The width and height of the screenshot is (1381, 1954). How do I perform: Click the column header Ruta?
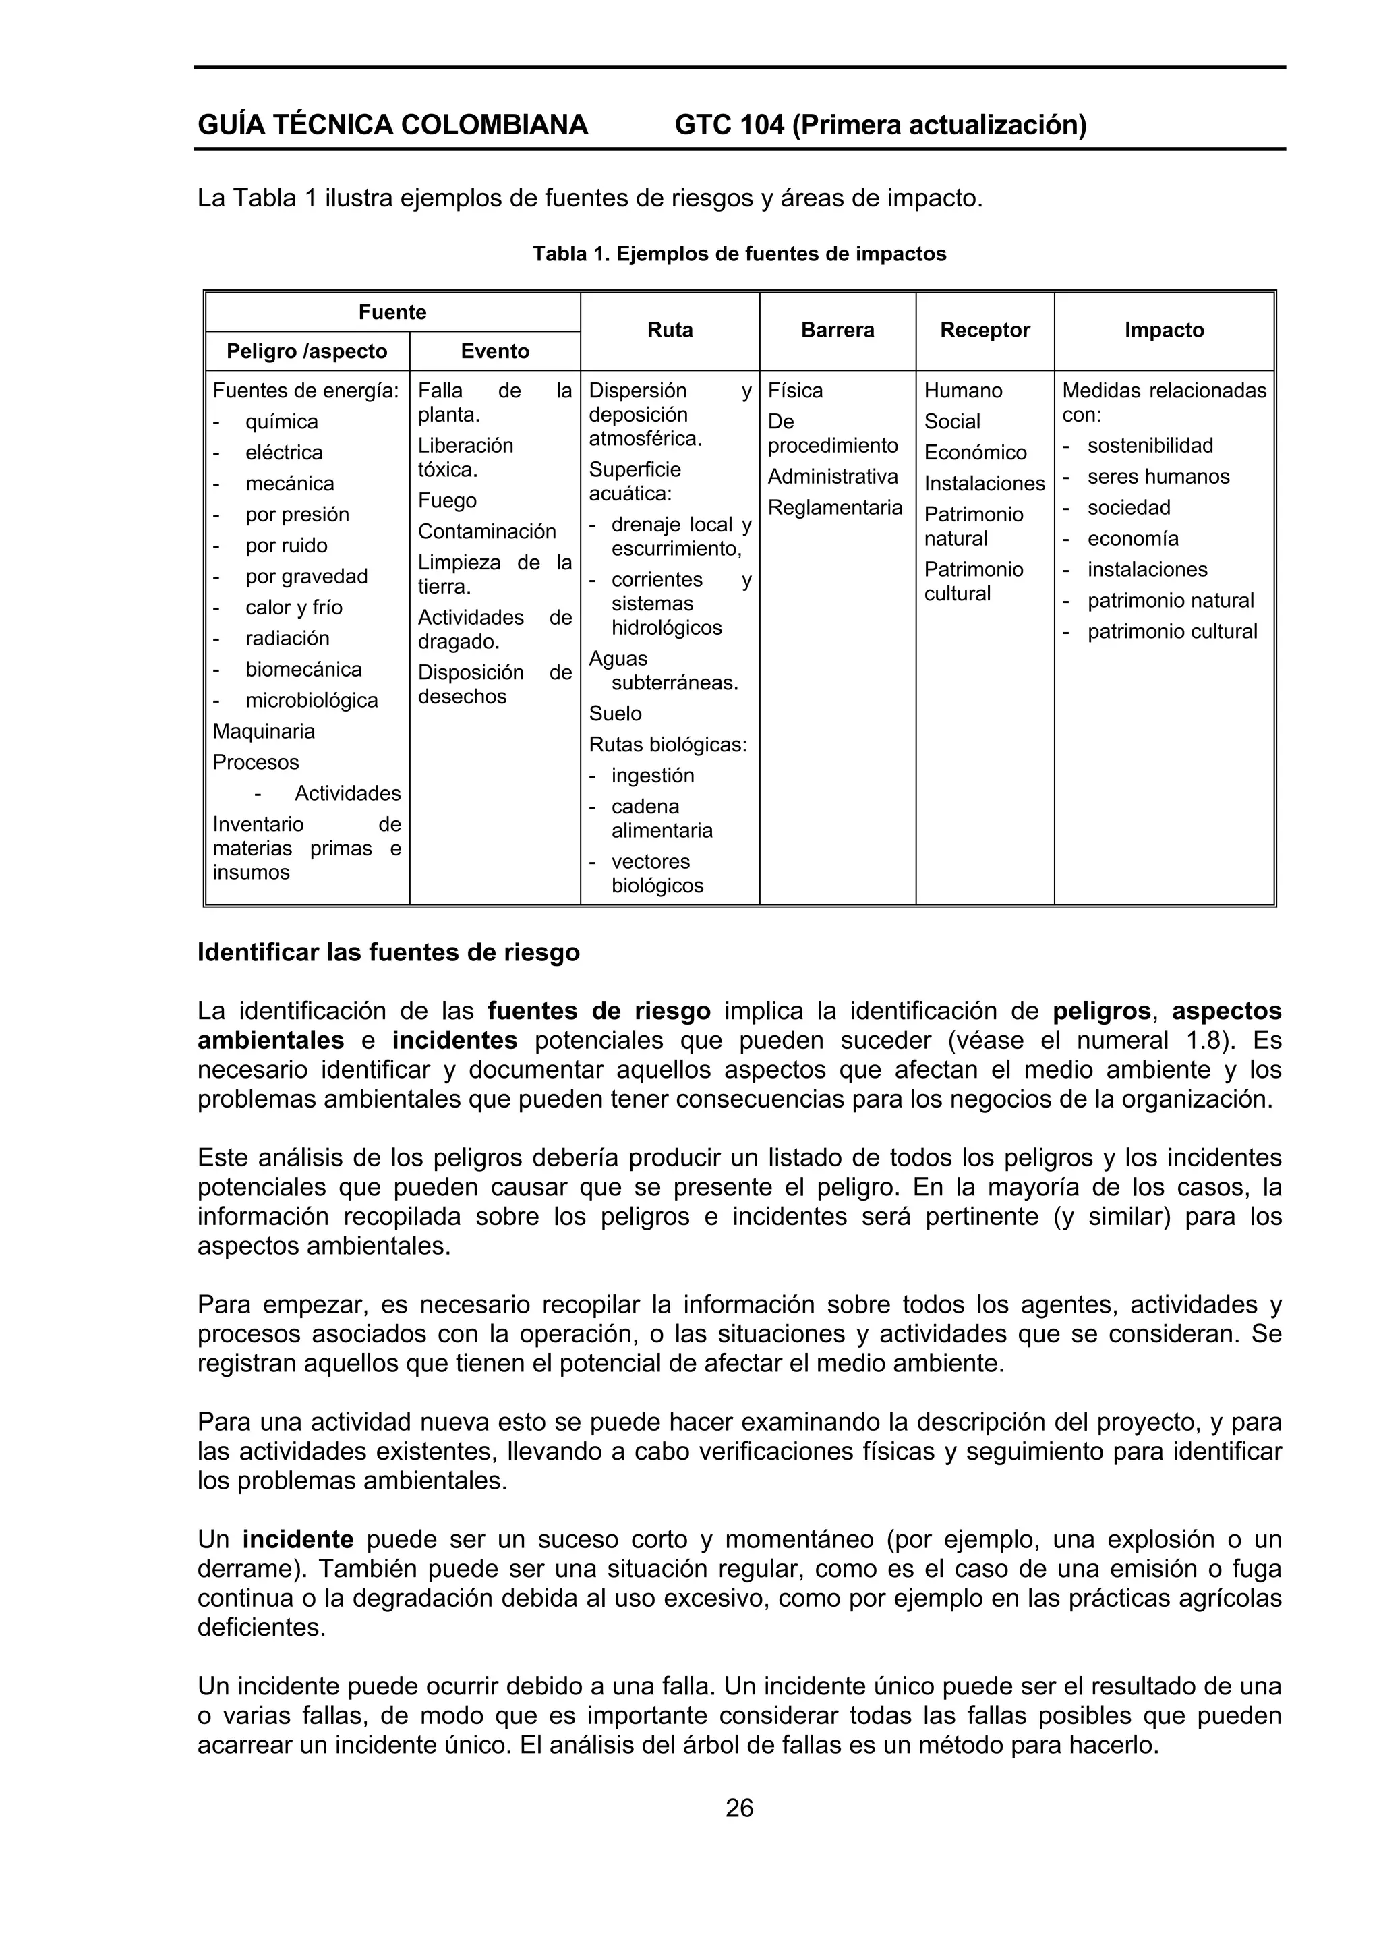click(x=670, y=331)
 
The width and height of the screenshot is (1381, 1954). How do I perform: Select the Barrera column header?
click(x=838, y=331)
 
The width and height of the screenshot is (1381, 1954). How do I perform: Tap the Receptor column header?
click(x=985, y=331)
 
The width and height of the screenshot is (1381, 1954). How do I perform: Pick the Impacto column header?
click(x=1163, y=331)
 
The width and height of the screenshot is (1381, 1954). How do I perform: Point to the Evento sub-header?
click(x=494, y=351)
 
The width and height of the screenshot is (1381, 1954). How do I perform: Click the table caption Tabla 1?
click(x=738, y=254)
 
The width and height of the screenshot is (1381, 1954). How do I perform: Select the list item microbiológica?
click(x=312, y=700)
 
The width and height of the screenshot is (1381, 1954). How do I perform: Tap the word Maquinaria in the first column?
click(x=264, y=731)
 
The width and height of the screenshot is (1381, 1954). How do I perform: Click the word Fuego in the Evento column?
click(x=446, y=500)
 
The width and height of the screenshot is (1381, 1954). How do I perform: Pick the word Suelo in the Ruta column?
click(x=615, y=713)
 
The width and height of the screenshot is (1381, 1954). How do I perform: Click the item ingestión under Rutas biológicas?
click(x=653, y=775)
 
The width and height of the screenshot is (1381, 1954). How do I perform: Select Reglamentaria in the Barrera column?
click(x=835, y=507)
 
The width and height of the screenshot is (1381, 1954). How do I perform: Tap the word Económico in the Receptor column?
click(x=975, y=453)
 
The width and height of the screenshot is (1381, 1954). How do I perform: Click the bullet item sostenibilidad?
click(x=1150, y=446)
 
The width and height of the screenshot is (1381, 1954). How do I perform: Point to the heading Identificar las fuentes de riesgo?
click(x=388, y=952)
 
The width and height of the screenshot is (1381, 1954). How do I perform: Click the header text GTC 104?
click(x=729, y=125)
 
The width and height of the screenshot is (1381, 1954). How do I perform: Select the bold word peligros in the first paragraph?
click(x=1102, y=1011)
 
